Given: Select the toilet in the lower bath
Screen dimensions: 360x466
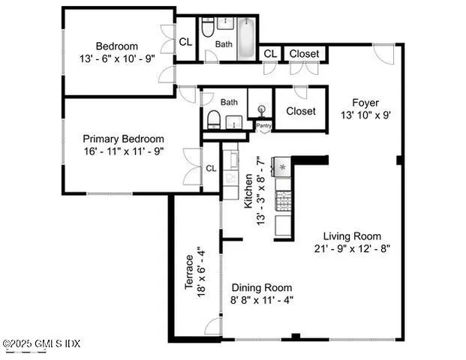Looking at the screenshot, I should pyautogui.click(x=214, y=118).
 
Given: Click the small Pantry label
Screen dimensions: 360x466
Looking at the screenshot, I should pyautogui.click(x=264, y=126).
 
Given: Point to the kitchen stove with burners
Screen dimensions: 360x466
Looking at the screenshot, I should pyautogui.click(x=284, y=200).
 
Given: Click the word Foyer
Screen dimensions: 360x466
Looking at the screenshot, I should pyautogui.click(x=368, y=103).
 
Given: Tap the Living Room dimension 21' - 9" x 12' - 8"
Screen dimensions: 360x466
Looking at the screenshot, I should pyautogui.click(x=353, y=248).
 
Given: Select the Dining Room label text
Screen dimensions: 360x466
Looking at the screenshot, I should pyautogui.click(x=262, y=287).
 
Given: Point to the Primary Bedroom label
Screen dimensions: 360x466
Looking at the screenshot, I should pyautogui.click(x=123, y=139).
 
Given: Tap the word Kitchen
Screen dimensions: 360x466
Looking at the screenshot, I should pyautogui.click(x=248, y=190).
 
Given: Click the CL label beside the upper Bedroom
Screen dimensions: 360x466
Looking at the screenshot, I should pyautogui.click(x=185, y=42).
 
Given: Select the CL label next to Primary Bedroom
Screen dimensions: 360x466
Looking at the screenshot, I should pyautogui.click(x=211, y=169).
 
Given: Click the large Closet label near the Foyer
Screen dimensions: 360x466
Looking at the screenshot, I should pyautogui.click(x=301, y=111).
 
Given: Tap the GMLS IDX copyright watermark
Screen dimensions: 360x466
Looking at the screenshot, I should pyautogui.click(x=42, y=343).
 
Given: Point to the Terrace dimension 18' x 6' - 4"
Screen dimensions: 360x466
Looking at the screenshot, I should pyautogui.click(x=200, y=273).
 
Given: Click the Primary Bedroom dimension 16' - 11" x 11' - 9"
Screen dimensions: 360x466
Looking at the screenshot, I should pyautogui.click(x=123, y=151).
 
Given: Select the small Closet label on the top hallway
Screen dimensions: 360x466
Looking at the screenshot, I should pyautogui.click(x=304, y=54).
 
